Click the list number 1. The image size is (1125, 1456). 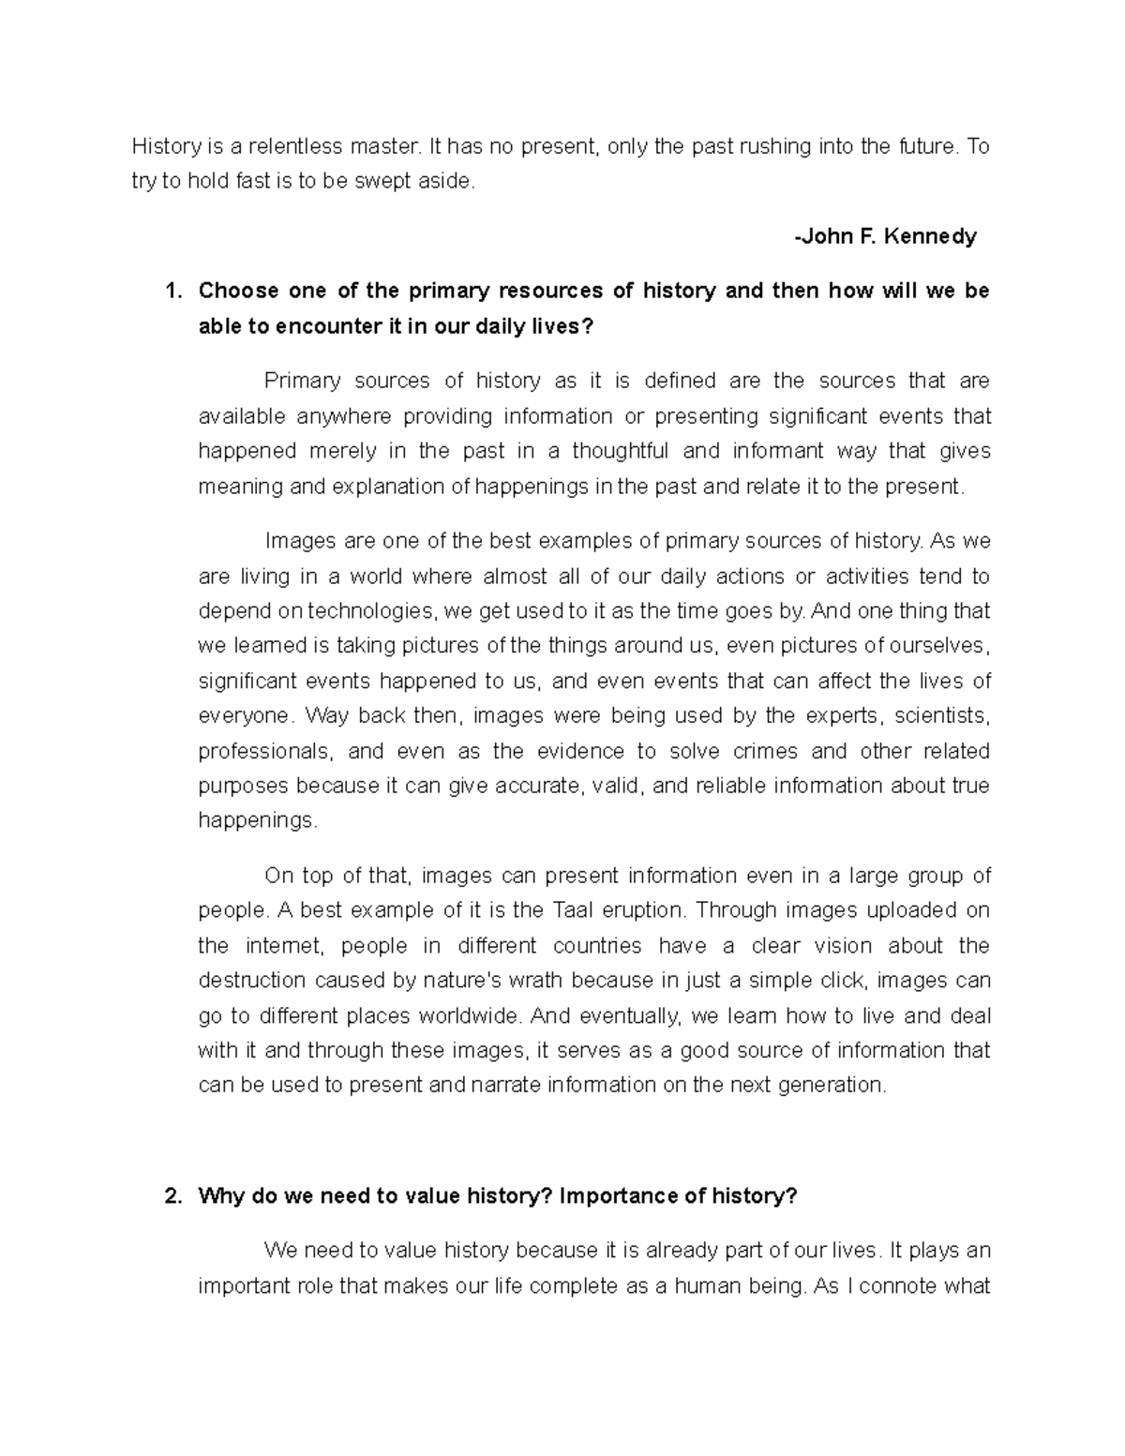click(x=170, y=291)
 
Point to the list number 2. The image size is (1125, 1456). click(x=170, y=1196)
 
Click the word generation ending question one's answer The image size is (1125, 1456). click(x=832, y=1086)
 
